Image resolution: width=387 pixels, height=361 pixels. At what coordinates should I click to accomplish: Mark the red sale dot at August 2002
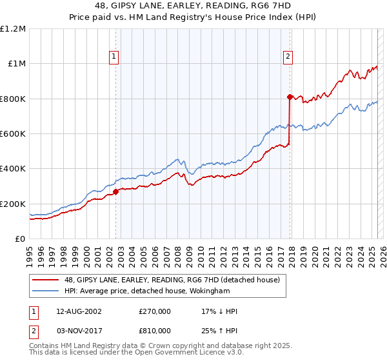[x=115, y=191]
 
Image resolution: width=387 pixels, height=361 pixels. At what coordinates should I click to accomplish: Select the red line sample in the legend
[x=46, y=280]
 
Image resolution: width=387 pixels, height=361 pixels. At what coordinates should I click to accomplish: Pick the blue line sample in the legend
[x=46, y=291]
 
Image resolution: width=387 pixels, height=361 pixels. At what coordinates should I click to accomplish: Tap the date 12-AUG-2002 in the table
[x=74, y=311]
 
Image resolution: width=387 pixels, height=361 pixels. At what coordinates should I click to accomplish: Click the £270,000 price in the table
[x=154, y=311]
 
